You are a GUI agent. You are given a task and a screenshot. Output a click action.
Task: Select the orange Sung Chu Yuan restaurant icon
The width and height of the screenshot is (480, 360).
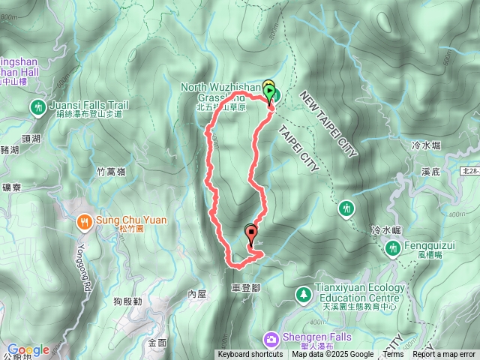83,220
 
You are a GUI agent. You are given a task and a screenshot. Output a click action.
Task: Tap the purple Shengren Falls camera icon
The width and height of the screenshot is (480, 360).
270,337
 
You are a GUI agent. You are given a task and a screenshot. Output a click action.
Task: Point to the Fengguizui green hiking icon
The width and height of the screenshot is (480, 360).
391,247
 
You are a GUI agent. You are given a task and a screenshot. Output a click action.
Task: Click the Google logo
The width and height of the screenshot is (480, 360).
28,349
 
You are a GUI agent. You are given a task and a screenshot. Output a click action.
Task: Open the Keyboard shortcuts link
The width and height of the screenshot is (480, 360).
250,355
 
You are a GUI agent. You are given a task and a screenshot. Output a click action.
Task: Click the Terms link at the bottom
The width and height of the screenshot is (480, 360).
393,355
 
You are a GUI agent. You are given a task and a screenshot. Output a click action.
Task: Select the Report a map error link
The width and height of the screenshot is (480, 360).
444,355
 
